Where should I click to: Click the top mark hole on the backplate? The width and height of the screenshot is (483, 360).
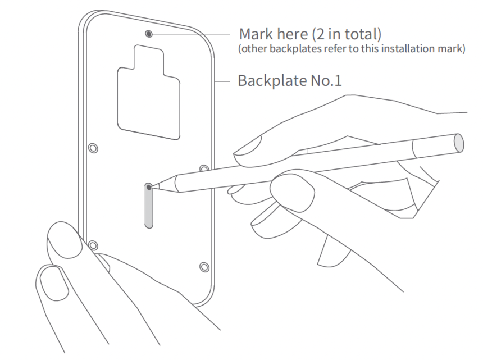click(149, 34)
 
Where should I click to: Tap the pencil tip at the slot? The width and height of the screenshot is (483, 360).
click(149, 186)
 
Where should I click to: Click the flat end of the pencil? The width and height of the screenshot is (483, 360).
click(459, 143)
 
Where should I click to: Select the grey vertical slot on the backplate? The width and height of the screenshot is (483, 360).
click(149, 206)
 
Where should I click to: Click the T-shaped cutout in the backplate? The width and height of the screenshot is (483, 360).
click(149, 92)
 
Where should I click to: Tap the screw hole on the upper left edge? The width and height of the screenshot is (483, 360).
click(93, 148)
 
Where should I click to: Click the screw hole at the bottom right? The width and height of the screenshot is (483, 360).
click(204, 267)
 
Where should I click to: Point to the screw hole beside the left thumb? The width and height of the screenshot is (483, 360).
click(93, 245)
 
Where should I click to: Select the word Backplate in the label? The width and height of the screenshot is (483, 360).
click(272, 81)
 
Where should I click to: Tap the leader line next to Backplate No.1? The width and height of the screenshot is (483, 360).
click(222, 81)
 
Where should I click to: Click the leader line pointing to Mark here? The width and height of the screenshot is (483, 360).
click(192, 34)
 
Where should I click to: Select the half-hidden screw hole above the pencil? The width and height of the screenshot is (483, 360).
click(204, 168)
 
